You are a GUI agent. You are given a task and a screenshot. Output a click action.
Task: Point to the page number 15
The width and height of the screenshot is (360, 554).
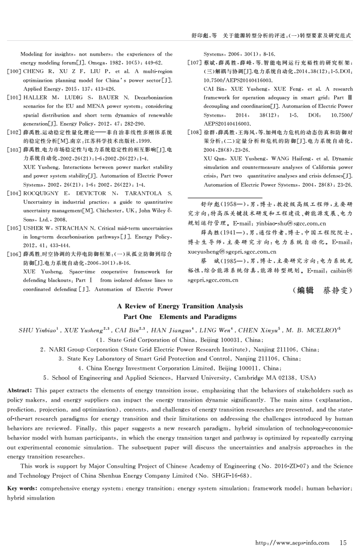[343, 543]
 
